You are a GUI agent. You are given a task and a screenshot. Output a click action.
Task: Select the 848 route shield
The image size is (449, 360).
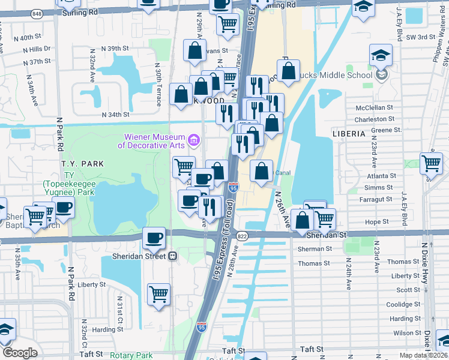point(37,13)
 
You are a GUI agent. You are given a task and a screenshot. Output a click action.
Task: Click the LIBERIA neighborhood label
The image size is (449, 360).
point(348,133)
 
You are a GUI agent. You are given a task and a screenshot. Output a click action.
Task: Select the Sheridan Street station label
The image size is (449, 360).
point(139,256)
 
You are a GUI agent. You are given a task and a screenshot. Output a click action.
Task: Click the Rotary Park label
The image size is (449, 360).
point(136,355)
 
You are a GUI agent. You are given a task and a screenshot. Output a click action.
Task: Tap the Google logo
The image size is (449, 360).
point(19,353)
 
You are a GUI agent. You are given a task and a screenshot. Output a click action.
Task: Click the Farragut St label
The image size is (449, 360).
point(378,198)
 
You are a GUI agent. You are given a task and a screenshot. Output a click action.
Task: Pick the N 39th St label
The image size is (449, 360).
point(115,48)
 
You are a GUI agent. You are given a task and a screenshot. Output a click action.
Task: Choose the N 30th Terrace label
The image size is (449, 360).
point(158,85)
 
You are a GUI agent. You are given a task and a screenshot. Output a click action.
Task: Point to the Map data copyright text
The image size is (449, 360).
point(424,355)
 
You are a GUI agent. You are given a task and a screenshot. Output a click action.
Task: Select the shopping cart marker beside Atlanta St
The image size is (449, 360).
point(432,163)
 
